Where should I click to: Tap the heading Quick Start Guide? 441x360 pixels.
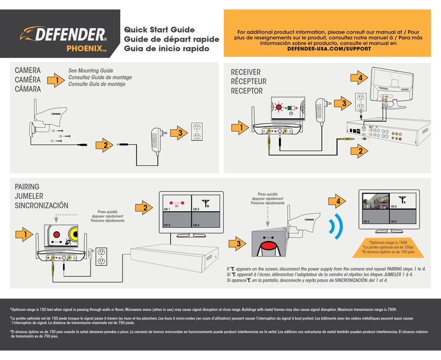[x=159, y=30]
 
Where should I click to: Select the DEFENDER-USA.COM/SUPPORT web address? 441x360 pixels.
[x=329, y=49]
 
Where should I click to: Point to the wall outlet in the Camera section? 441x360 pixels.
[x=197, y=131]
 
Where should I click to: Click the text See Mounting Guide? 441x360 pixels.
[x=91, y=71]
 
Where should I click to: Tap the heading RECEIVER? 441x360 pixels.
[x=246, y=72]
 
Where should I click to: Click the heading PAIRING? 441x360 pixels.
[x=27, y=187]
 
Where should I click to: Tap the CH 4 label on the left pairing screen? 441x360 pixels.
[x=196, y=225]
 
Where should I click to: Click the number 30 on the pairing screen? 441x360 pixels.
[x=176, y=206]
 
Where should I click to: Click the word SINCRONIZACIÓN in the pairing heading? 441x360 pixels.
[x=41, y=205]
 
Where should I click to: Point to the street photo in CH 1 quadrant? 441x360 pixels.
[x=376, y=200]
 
